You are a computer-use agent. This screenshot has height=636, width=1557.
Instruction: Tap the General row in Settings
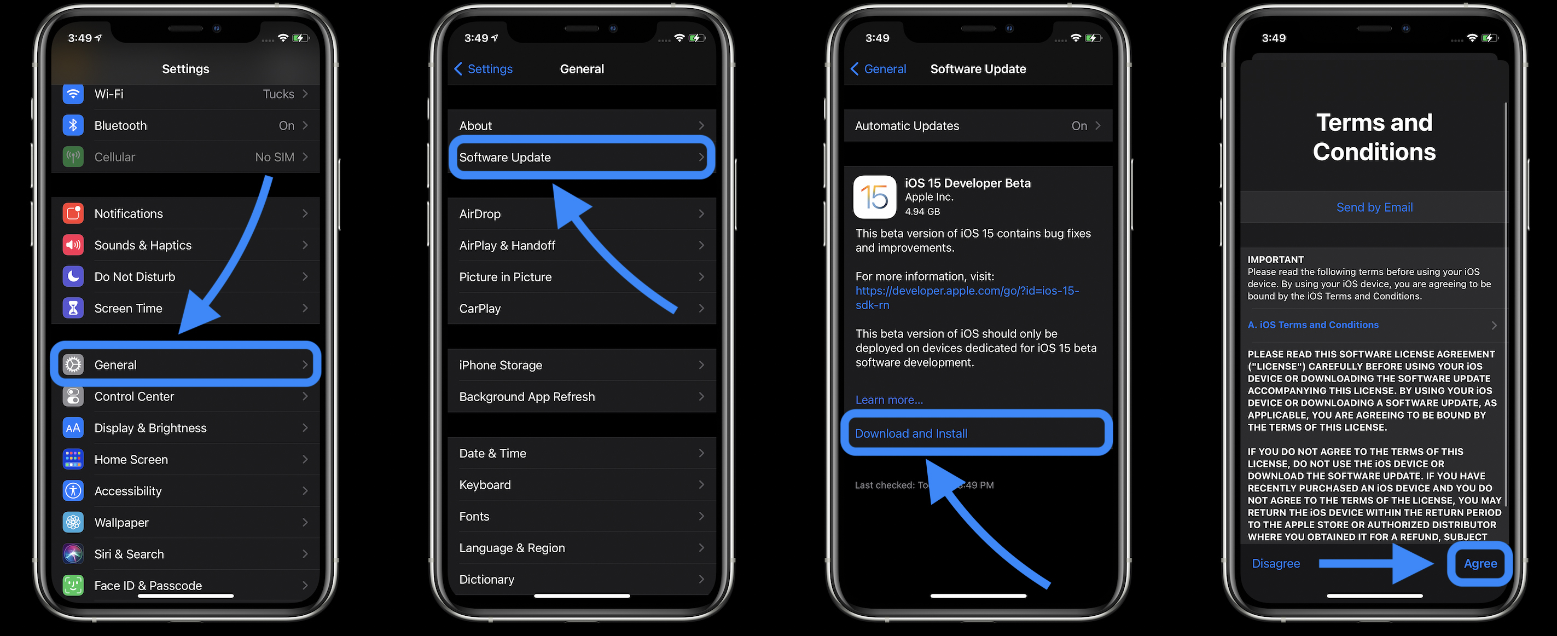pos(185,365)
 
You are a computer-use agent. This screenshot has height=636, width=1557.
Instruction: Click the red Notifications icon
pos(73,213)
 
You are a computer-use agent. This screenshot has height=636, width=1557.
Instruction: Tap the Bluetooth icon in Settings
pos(73,125)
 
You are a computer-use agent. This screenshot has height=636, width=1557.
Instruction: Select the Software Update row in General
pos(581,157)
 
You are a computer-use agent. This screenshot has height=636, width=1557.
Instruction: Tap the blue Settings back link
pos(484,69)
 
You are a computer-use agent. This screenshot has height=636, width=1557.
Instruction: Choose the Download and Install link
pos(911,433)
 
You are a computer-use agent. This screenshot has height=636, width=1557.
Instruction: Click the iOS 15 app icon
pos(874,197)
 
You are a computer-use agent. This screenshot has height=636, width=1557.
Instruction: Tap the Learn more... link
pos(888,400)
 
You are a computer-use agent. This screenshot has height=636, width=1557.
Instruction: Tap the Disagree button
pos(1275,563)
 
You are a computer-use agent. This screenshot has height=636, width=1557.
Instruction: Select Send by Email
pos(1374,207)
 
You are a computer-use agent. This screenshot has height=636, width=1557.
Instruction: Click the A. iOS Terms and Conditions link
pos(1313,325)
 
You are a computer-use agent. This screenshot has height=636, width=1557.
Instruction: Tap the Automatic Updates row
pos(977,126)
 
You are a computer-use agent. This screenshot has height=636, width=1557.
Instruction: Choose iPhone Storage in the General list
pos(581,365)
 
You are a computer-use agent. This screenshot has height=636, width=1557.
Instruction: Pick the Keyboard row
pos(581,485)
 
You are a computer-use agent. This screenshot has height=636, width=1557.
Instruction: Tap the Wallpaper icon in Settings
pos(73,522)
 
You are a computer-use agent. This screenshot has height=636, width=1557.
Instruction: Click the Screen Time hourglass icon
pos(73,308)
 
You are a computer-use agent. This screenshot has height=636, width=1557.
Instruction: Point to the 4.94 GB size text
pos(922,212)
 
